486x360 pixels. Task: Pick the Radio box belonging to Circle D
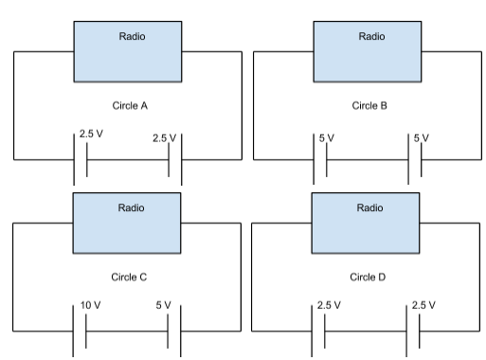click(371, 225)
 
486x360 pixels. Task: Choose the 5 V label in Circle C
click(163, 307)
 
